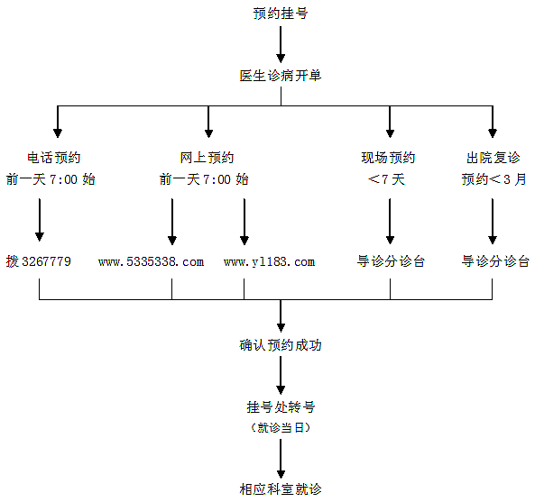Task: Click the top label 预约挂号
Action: click(x=281, y=14)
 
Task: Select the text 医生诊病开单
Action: click(x=281, y=76)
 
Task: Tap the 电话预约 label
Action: click(x=54, y=158)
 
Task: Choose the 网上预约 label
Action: click(x=208, y=158)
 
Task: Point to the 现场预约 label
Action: click(x=388, y=158)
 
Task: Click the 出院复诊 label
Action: click(x=493, y=158)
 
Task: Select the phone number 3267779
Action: click(x=46, y=261)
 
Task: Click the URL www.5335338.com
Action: click(x=152, y=261)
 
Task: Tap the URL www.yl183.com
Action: click(x=269, y=261)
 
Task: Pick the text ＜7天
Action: click(x=386, y=179)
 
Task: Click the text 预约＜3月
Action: click(x=494, y=179)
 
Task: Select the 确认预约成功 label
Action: click(x=281, y=345)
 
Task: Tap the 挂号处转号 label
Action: click(x=281, y=407)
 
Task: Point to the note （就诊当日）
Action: click(x=281, y=427)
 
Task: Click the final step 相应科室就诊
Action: click(x=281, y=489)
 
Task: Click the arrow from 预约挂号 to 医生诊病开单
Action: click(x=281, y=45)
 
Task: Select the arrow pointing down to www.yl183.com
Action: click(x=244, y=222)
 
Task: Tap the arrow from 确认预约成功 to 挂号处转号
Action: click(x=281, y=376)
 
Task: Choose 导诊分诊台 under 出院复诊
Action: click(x=495, y=261)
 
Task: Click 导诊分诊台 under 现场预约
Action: click(x=391, y=261)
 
